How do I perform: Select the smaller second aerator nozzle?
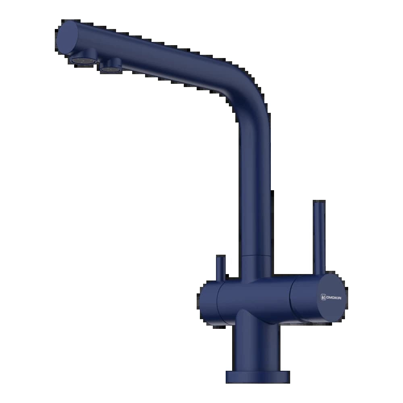pos(111,66)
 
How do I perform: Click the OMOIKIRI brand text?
pos(334,297)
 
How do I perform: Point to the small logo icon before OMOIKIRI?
pos(323,297)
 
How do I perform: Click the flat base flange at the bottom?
pos(258,377)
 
